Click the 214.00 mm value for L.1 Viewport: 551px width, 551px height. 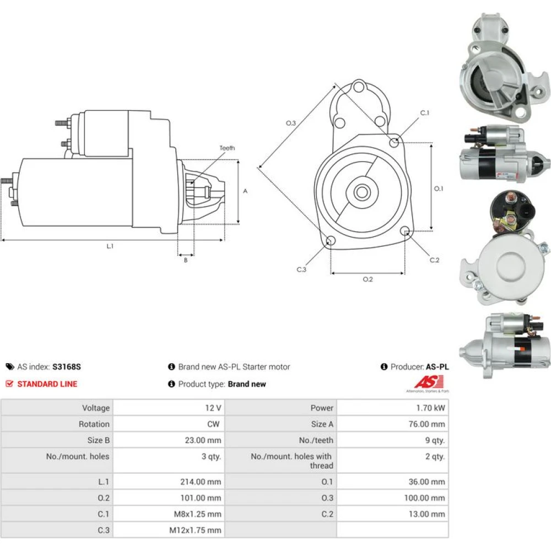201,482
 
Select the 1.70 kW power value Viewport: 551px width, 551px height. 430,408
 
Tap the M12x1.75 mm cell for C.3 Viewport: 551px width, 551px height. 196,530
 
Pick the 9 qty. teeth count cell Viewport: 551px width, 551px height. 435,440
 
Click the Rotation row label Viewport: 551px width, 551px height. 94,424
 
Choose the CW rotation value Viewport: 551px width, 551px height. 213,424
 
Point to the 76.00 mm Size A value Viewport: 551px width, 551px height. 426,424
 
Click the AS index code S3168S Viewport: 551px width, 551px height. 67,367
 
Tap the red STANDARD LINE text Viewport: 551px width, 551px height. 47,384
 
